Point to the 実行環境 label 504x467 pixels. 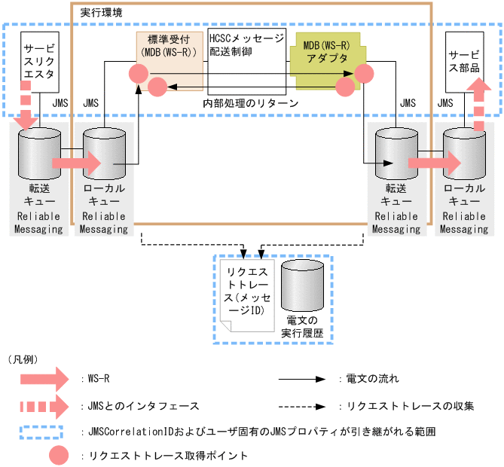pos(99,12)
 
